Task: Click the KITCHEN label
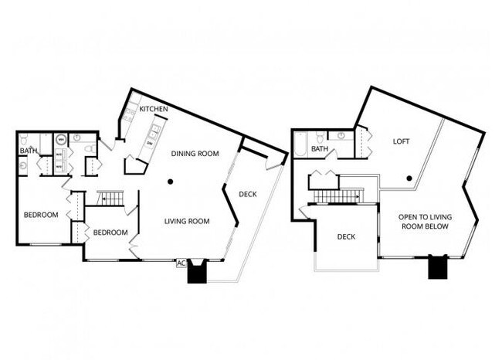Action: pyautogui.click(x=154, y=110)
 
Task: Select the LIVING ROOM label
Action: pyautogui.click(x=187, y=221)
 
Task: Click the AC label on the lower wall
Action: pyautogui.click(x=181, y=263)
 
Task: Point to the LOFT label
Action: pyautogui.click(x=401, y=141)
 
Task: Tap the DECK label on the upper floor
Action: pyautogui.click(x=346, y=236)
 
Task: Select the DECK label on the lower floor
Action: pyautogui.click(x=247, y=194)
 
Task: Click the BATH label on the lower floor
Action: pyautogui.click(x=29, y=151)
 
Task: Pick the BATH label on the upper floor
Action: pyautogui.click(x=320, y=149)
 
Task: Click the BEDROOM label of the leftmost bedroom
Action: pyautogui.click(x=40, y=215)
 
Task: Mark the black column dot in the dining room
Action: pyautogui.click(x=171, y=182)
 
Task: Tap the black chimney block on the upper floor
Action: pyautogui.click(x=439, y=267)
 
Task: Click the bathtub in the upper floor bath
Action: pyautogui.click(x=300, y=144)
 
